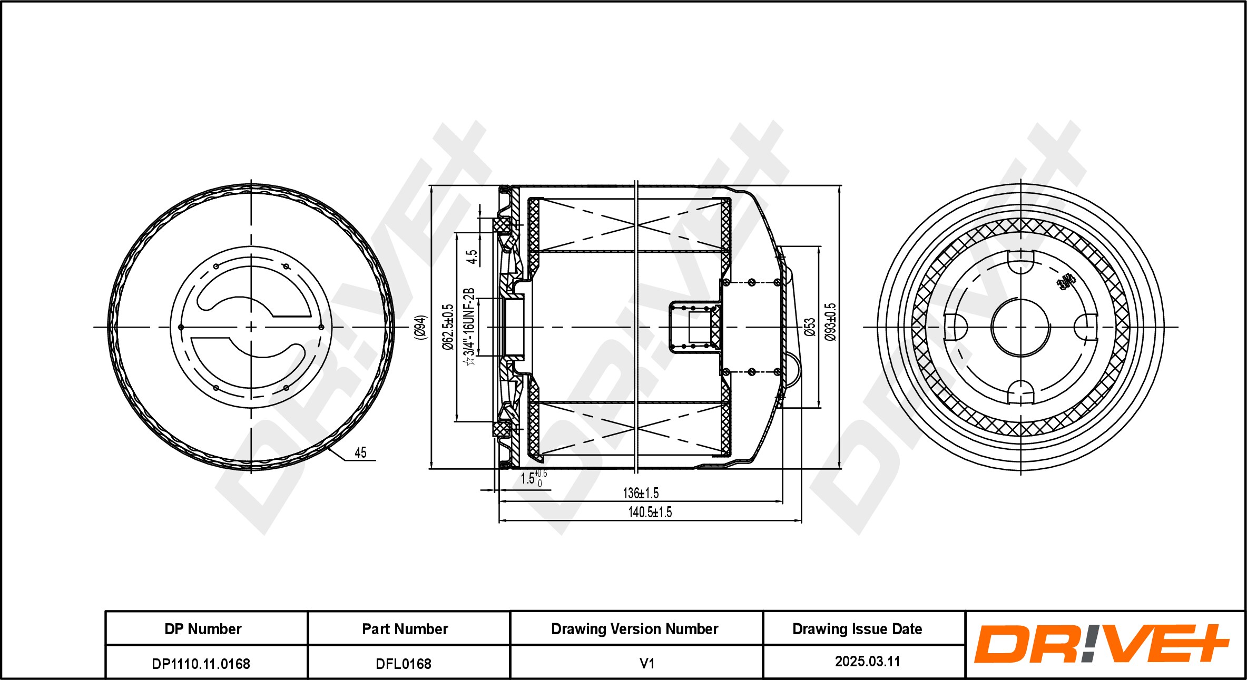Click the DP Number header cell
[x=203, y=629]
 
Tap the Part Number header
[x=405, y=629]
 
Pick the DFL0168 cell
[x=404, y=664]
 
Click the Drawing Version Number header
[x=634, y=629]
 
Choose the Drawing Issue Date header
[x=857, y=629]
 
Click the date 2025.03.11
[x=867, y=662]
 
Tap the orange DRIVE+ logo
[x=1101, y=644]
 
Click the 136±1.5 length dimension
[x=641, y=494]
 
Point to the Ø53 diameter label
[x=810, y=327]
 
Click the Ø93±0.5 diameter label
[x=831, y=322]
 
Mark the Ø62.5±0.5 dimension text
[x=448, y=327]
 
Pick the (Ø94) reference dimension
[x=420, y=327]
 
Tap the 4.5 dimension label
[x=472, y=257]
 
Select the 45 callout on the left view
[x=360, y=452]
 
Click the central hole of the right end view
[x=1020, y=327]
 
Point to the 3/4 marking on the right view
[x=1066, y=283]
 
